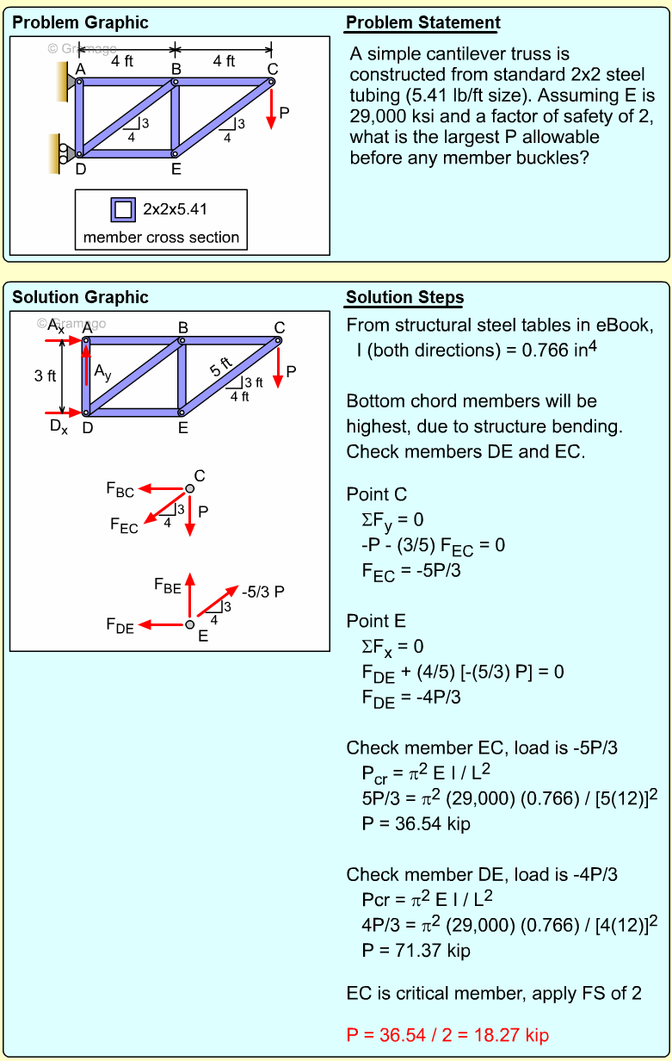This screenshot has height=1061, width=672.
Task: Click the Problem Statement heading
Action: point(422,23)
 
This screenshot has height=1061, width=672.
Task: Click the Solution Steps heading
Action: point(404,298)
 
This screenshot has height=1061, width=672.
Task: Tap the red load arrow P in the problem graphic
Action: point(271,108)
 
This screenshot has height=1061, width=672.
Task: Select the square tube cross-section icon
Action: point(123,209)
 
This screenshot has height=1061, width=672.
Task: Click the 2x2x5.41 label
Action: point(175,209)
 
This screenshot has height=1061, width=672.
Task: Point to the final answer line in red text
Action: point(447,1035)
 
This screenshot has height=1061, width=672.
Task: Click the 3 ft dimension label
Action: point(45,376)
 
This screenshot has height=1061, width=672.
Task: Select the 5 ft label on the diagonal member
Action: point(222,368)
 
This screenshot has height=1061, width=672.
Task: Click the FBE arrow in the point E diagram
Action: point(190,593)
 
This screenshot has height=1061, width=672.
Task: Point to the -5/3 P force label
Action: point(262,593)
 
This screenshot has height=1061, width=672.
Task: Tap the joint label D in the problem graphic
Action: point(80,170)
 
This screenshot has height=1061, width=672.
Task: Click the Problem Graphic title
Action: point(80,23)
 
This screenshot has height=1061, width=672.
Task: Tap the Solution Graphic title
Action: point(80,298)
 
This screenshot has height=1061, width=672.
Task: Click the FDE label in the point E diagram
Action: point(120,626)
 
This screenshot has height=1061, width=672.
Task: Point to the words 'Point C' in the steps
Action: point(376,494)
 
